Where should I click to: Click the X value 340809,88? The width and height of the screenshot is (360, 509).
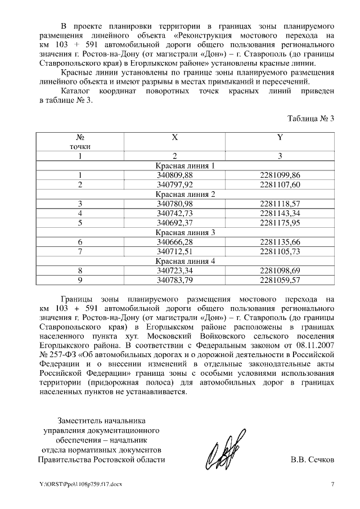click(x=174, y=175)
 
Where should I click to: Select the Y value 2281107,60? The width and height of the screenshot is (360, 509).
click(x=280, y=184)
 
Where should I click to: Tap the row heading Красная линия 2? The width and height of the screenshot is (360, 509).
click(x=185, y=194)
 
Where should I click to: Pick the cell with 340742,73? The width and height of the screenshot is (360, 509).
click(x=174, y=213)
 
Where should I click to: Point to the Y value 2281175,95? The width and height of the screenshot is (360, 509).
click(x=280, y=223)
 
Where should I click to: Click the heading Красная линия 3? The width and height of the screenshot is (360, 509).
click(x=185, y=232)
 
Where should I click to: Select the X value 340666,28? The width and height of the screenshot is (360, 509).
click(x=174, y=242)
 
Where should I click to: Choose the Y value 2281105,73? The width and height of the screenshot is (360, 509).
click(x=280, y=251)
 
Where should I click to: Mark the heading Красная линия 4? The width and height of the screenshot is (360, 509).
click(x=185, y=261)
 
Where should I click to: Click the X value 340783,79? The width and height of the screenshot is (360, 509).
click(x=174, y=280)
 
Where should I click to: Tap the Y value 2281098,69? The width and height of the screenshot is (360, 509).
click(x=280, y=271)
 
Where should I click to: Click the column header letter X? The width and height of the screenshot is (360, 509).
click(x=174, y=137)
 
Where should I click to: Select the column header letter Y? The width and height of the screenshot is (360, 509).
click(x=280, y=137)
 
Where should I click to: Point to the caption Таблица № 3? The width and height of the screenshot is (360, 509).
click(x=310, y=118)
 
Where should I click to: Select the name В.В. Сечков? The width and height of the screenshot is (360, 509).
click(x=312, y=460)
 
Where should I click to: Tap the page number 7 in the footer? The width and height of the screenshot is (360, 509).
click(x=332, y=484)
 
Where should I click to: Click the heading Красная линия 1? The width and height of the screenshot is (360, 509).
click(x=185, y=165)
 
